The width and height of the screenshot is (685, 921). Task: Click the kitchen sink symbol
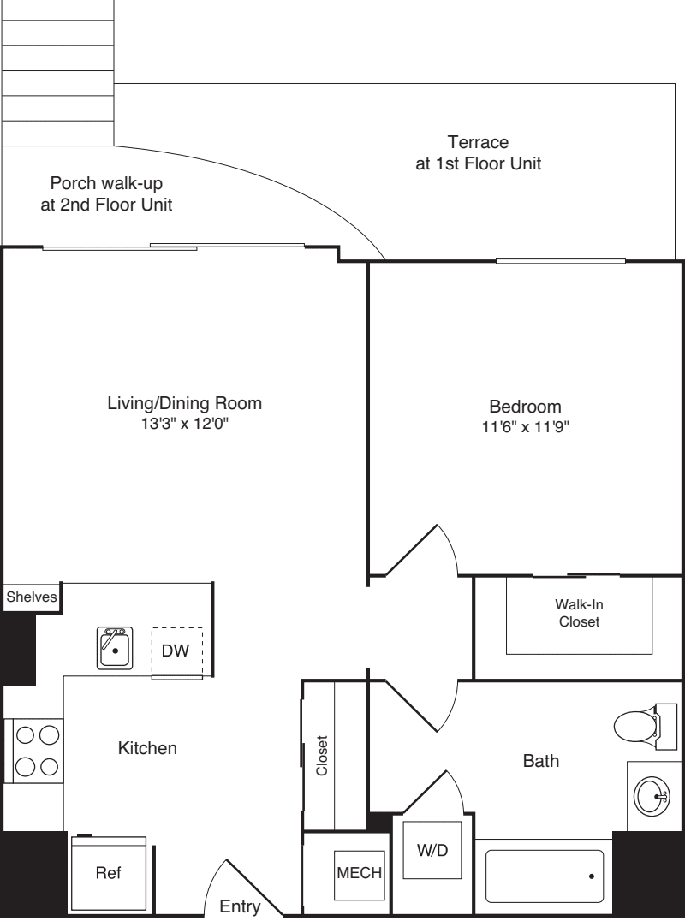pyautogui.click(x=114, y=648)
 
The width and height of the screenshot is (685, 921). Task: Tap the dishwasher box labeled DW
pyautogui.click(x=177, y=651)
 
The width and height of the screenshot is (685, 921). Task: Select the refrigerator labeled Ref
pyautogui.click(x=108, y=874)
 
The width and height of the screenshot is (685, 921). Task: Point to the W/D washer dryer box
pyautogui.click(x=432, y=851)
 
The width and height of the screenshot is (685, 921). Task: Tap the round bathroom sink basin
pyautogui.click(x=651, y=797)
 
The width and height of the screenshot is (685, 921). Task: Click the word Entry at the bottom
pyautogui.click(x=240, y=906)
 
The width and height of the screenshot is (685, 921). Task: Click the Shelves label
pyautogui.click(x=31, y=597)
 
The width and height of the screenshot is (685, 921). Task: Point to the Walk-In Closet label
pyautogui.click(x=579, y=613)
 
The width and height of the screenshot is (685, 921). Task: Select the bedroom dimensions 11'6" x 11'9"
pyautogui.click(x=525, y=427)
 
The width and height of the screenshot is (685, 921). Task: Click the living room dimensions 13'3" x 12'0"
pyautogui.click(x=184, y=423)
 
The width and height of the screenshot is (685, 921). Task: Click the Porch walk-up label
pyautogui.click(x=111, y=193)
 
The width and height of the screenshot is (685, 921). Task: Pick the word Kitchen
pyautogui.click(x=147, y=748)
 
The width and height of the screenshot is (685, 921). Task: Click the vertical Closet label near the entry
pyautogui.click(x=322, y=755)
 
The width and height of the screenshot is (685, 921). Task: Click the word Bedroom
pyautogui.click(x=525, y=406)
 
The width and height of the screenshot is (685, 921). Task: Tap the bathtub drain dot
pyautogui.click(x=591, y=876)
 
